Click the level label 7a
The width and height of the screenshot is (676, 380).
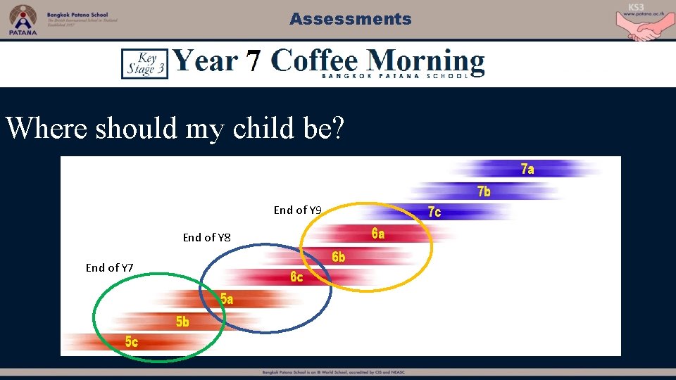[x=527, y=169]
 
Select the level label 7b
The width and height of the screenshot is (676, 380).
[x=484, y=191]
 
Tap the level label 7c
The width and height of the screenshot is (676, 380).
[x=434, y=212]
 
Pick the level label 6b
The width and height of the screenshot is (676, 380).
[x=339, y=258]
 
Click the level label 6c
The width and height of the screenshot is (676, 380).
[x=296, y=277]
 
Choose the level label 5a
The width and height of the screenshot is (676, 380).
[x=227, y=299]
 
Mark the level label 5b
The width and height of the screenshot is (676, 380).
[x=182, y=322]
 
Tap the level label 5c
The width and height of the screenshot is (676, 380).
[x=132, y=342]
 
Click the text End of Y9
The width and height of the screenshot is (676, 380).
[x=297, y=210]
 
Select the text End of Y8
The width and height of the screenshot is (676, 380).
[x=206, y=237]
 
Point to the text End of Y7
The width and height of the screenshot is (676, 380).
[x=109, y=267]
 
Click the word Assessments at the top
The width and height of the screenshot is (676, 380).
[x=350, y=19]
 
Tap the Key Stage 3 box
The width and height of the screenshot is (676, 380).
[x=144, y=63]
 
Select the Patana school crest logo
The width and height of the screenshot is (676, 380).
[x=23, y=20]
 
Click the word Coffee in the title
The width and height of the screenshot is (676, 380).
[x=315, y=61]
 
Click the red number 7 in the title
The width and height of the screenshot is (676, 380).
[x=253, y=61]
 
